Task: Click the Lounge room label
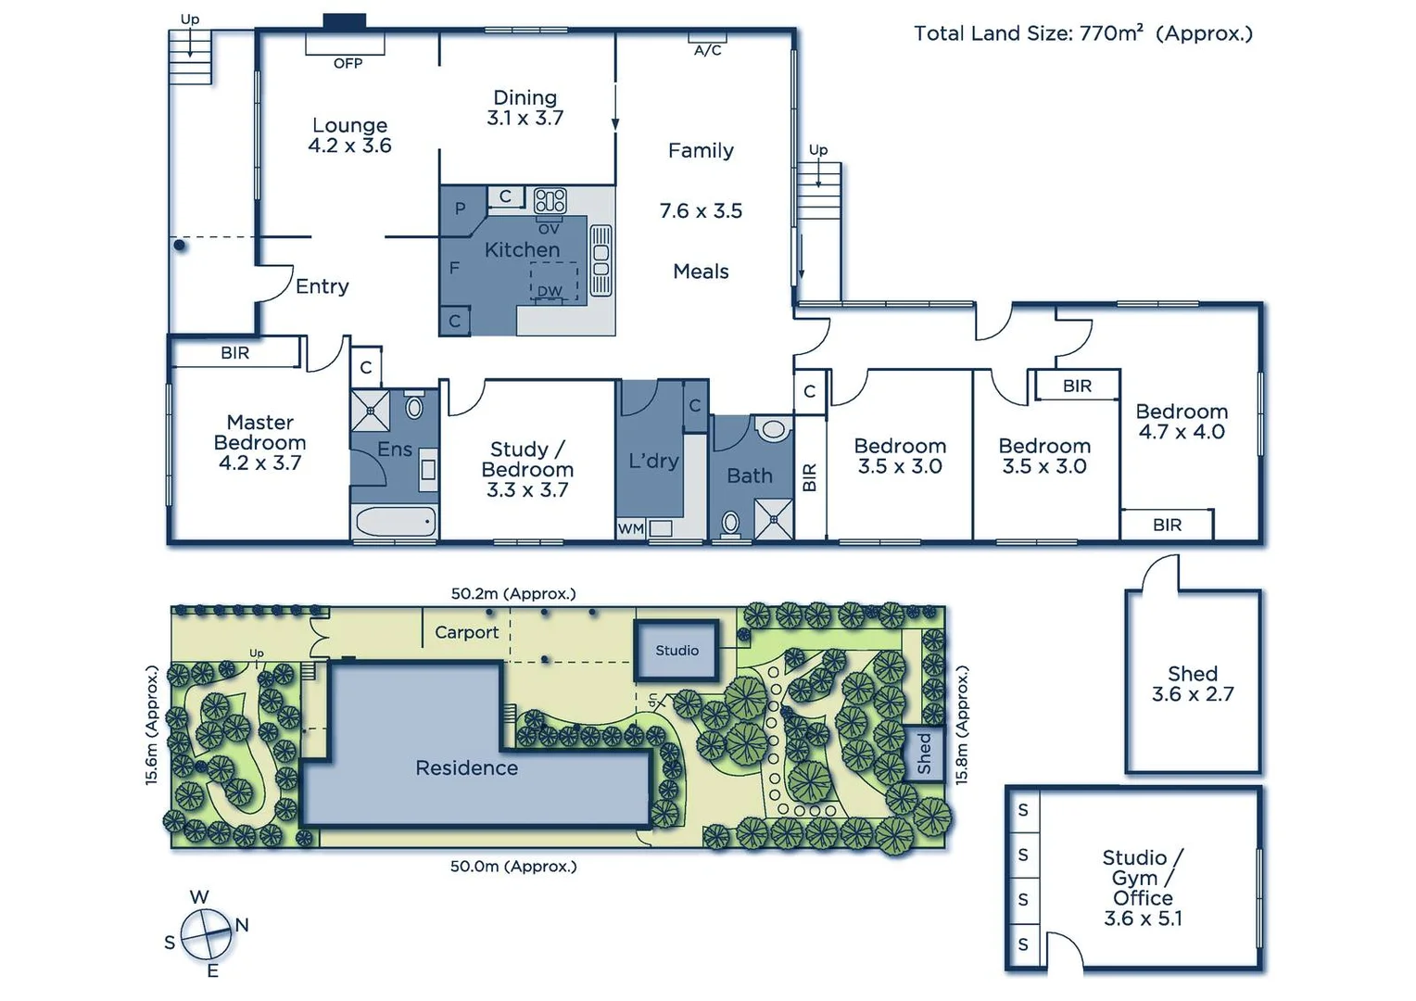pos(349,126)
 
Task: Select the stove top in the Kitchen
pos(550,200)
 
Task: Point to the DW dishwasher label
pos(550,291)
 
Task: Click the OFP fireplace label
pos(348,63)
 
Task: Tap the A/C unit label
pos(707,50)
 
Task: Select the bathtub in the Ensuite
pos(395,522)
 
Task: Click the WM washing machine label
pos(630,528)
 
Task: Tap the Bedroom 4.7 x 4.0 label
pos(1182,422)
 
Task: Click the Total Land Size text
pos(1082,34)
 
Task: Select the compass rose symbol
pos(206,934)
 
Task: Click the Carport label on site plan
pos(466,632)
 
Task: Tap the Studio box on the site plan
pos(676,651)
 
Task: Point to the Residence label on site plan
pos(466,768)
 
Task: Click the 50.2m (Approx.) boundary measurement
pos(512,593)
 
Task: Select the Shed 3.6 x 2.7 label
pos(1192,684)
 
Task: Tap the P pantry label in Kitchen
pos(460,209)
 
